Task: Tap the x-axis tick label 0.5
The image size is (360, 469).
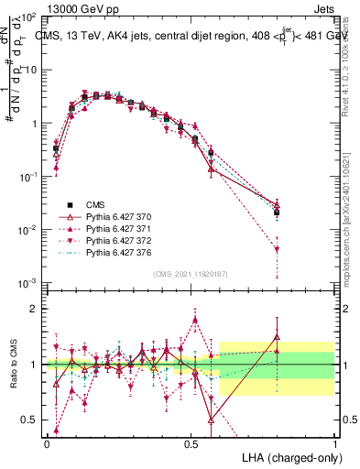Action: [191, 442]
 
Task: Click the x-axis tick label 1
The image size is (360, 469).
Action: [336, 442]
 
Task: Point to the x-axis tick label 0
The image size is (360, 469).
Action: [47, 442]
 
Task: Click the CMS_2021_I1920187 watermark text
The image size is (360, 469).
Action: [190, 274]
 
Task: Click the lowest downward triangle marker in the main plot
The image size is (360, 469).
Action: [277, 248]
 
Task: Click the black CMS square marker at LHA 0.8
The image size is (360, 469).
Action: [277, 213]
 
